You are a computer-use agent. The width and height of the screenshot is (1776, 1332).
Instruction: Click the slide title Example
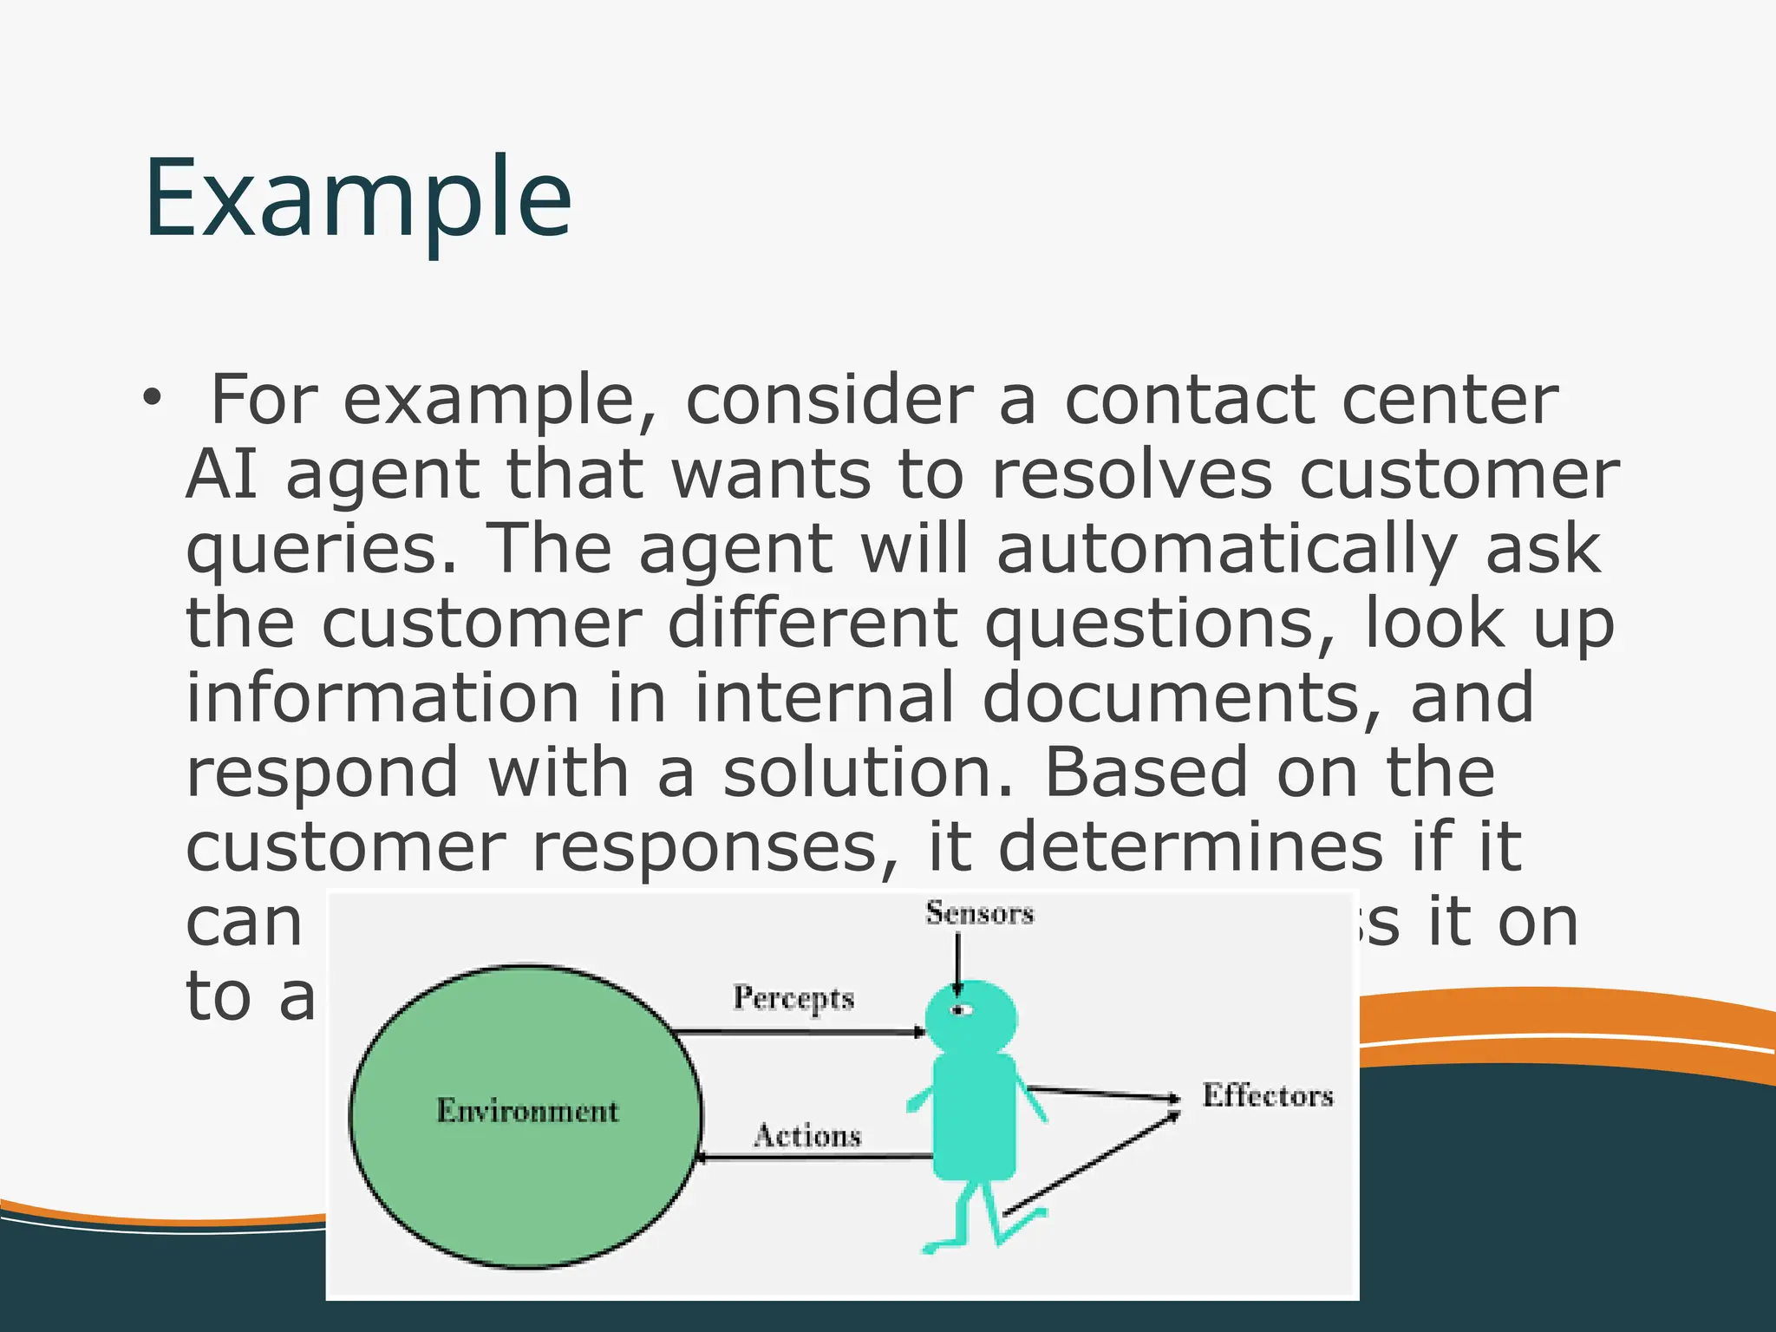pos(357,199)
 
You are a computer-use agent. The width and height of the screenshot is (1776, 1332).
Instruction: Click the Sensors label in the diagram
pos(979,913)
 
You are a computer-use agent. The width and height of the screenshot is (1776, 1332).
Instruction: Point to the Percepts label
pos(793,998)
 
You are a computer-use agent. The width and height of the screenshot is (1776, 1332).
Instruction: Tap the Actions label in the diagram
pos(807,1135)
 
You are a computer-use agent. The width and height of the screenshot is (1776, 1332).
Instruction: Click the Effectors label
pos(1267,1095)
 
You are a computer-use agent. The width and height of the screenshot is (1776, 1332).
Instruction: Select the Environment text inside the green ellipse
pos(527,1111)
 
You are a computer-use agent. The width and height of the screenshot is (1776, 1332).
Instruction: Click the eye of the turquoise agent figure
pos(960,1010)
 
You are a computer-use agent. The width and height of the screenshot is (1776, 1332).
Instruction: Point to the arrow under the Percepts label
pos(798,1032)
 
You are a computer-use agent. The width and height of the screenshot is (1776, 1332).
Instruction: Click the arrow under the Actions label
pos(815,1157)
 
